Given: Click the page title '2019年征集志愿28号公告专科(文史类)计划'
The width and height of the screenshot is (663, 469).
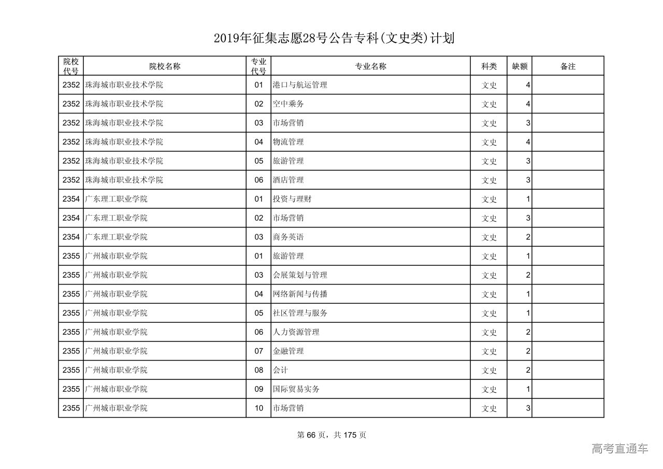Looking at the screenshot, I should pyautogui.click(x=334, y=38).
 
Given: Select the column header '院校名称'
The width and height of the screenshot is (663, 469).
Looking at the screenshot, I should pyautogui.click(x=165, y=66).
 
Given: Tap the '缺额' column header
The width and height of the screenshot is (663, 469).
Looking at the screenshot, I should pyautogui.click(x=520, y=66).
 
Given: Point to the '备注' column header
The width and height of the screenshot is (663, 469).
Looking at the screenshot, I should pyautogui.click(x=568, y=66).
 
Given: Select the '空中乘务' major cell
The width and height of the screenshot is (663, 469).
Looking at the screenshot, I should pyautogui.click(x=288, y=104).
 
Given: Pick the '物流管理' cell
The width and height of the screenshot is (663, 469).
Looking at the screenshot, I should pyautogui.click(x=288, y=142).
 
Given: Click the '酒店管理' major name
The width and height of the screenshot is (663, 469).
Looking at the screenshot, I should pyautogui.click(x=288, y=180).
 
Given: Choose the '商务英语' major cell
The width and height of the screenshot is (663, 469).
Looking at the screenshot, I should pyautogui.click(x=288, y=237).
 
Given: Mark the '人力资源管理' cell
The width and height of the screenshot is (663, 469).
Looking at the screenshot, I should pyautogui.click(x=296, y=332).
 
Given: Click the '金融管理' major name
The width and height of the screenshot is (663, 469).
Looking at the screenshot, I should pyautogui.click(x=288, y=351).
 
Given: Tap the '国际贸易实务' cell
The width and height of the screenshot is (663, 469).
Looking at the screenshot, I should pyautogui.click(x=296, y=389).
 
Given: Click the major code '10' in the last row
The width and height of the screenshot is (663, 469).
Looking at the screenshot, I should pyautogui.click(x=259, y=408).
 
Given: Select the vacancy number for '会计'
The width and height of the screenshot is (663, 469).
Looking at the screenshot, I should pyautogui.click(x=528, y=370).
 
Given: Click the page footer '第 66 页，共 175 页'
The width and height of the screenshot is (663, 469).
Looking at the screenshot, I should pyautogui.click(x=331, y=435).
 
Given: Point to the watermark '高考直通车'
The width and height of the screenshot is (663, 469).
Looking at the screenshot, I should pyautogui.click(x=619, y=449).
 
